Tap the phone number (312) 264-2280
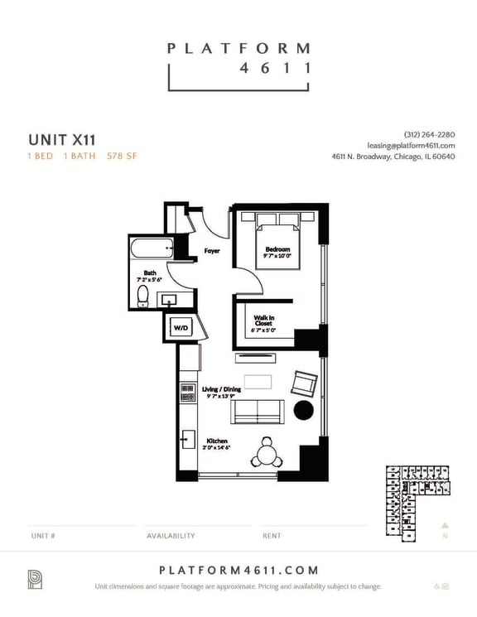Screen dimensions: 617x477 pos(429,135)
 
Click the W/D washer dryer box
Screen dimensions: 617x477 pos(180,328)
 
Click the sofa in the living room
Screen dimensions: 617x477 pos(258,412)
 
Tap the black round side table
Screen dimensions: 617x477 pos(303,411)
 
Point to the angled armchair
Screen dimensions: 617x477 pos(303,383)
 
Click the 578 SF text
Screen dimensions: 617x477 pos(122,156)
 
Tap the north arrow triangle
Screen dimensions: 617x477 pos(445,524)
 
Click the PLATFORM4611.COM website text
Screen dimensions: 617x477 pos(238,571)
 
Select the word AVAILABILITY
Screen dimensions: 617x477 pos(171,536)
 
